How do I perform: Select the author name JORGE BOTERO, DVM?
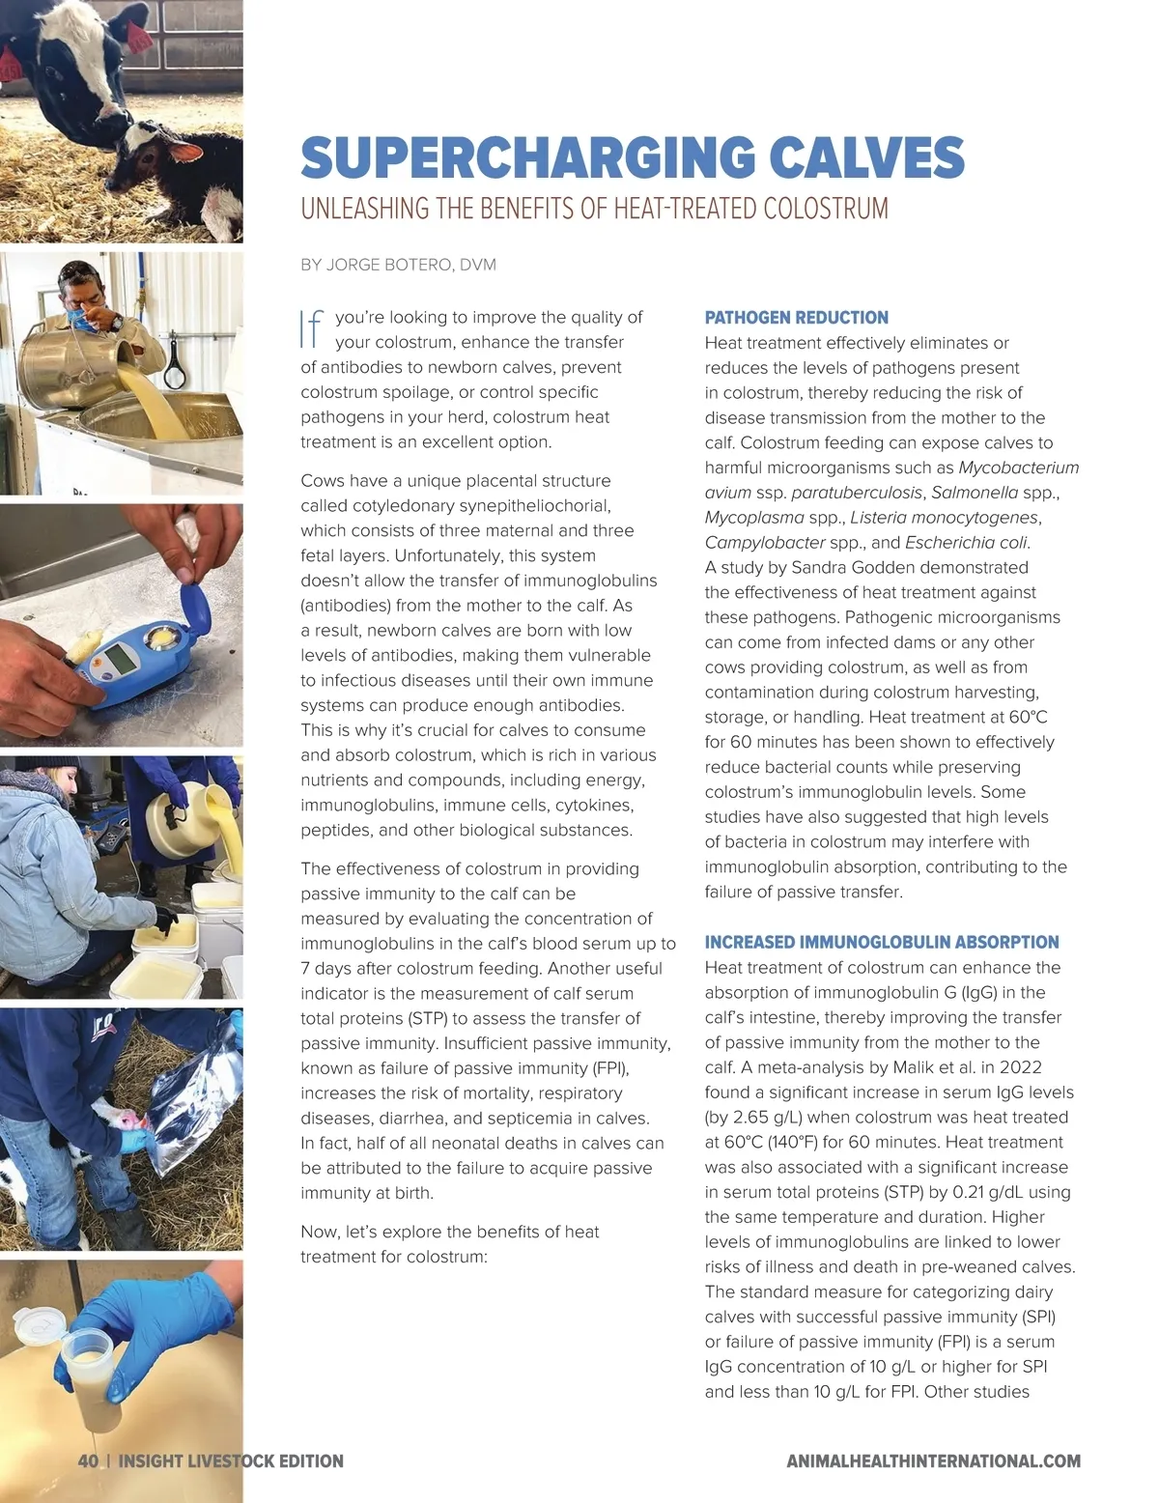pyautogui.click(x=411, y=265)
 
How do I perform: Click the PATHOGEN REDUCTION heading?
pyautogui.click(x=796, y=318)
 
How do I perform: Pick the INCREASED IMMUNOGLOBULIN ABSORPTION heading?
pyautogui.click(x=881, y=942)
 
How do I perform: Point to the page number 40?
pyautogui.click(x=88, y=1460)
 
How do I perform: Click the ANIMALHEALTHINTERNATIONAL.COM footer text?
pyautogui.click(x=933, y=1460)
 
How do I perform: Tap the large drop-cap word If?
pyautogui.click(x=311, y=328)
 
